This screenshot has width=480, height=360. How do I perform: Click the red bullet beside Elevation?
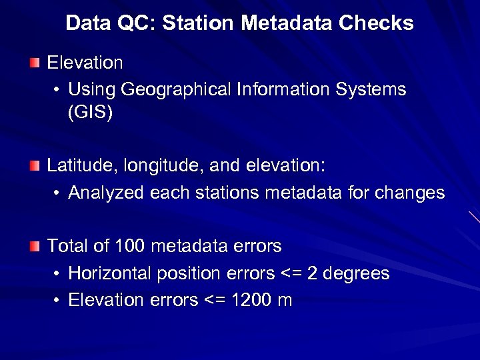point(35,63)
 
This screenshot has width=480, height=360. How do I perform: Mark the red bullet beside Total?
point(35,247)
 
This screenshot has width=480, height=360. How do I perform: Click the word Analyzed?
point(107,193)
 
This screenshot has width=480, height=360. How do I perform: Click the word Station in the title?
point(199,23)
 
